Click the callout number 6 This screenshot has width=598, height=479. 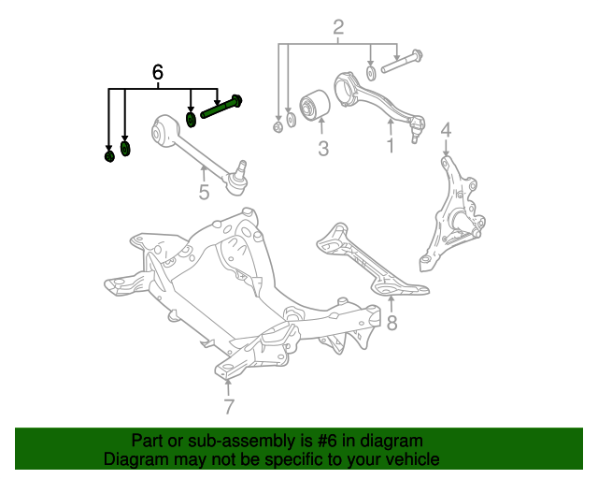pos(157,72)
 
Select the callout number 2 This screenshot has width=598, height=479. pos(338,27)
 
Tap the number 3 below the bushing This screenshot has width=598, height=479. pos(322,148)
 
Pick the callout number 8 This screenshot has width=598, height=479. pos(392,324)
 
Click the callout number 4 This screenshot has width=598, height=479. pos(446,130)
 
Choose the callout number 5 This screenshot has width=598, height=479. pos(204,193)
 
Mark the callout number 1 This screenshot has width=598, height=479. pos(390,145)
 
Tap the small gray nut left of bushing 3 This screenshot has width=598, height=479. pos(278,126)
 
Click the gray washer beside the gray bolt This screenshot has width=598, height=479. pos(372,72)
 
